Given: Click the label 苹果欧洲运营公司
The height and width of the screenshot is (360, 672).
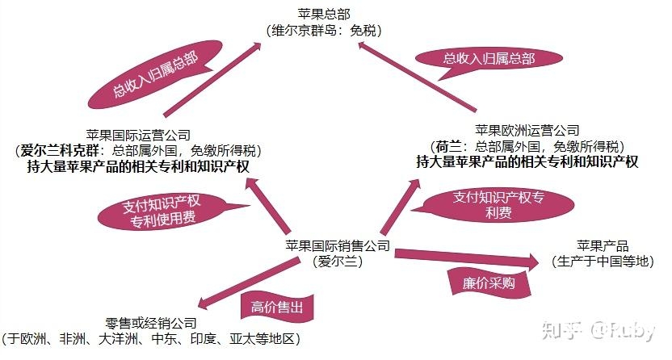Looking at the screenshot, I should (527, 131).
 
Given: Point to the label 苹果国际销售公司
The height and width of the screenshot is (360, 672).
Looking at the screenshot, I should (338, 246).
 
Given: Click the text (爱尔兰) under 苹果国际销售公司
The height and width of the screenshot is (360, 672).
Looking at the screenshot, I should (338, 262).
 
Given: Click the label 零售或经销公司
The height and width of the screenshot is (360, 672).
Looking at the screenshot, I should (151, 322).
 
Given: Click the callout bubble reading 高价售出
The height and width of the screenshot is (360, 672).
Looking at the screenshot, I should (276, 308).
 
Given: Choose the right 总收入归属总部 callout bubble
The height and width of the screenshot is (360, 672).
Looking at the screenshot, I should (488, 58).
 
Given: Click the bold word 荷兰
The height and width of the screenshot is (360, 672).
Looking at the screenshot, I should (447, 146).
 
